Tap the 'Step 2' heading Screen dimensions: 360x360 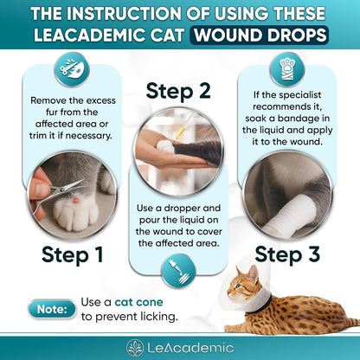(179, 91)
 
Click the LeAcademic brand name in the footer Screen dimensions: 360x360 (190, 348)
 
